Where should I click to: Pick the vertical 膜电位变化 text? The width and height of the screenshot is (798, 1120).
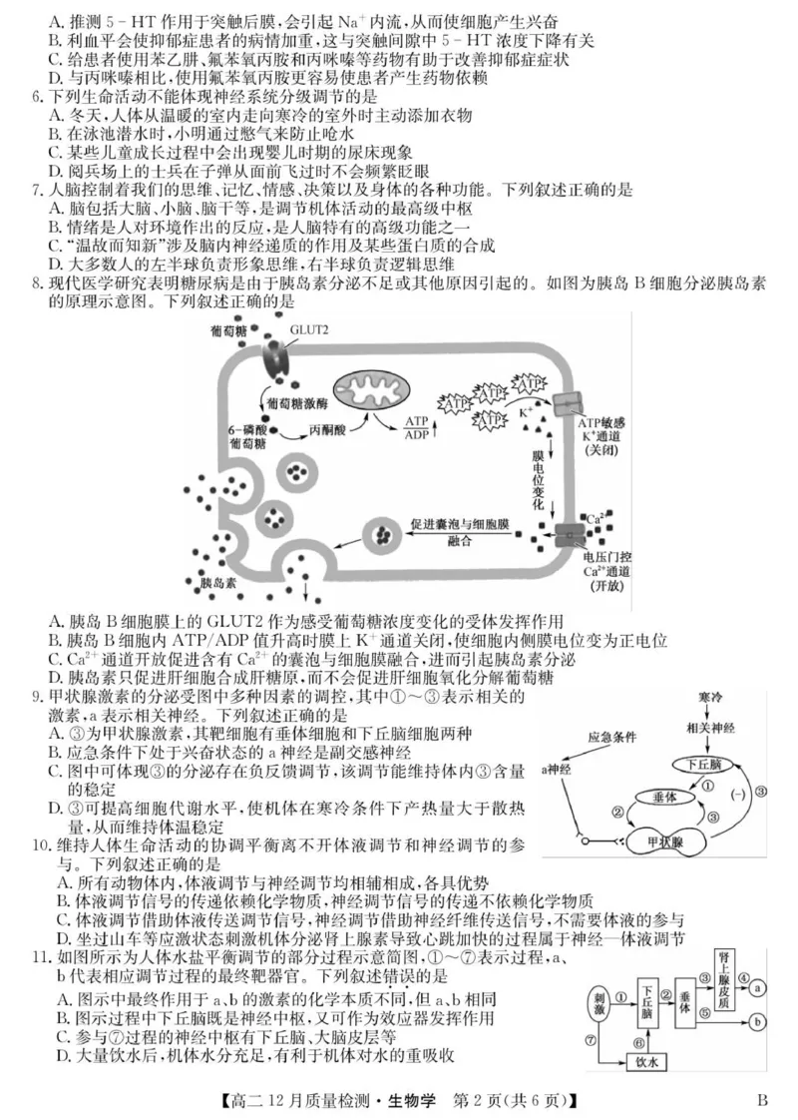click(x=536, y=477)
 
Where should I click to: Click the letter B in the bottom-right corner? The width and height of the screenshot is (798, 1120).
click(x=762, y=1101)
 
